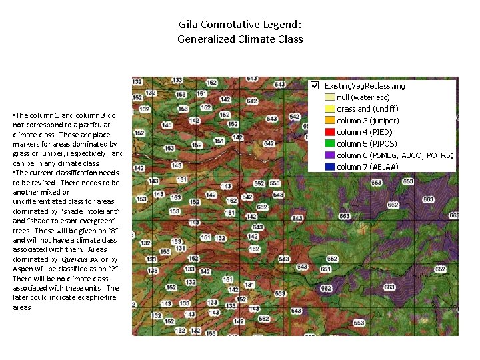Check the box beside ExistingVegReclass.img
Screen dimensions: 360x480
coord(315,85)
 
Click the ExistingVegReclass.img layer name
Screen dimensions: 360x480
coord(364,86)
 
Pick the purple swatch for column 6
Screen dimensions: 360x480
coord(329,155)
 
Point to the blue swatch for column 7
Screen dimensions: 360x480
coord(329,167)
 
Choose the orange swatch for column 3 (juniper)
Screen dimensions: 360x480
coord(329,121)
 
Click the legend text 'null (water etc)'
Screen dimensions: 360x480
coord(363,97)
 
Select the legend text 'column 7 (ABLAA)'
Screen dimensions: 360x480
coord(367,167)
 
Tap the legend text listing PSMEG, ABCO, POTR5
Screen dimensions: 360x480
coord(395,155)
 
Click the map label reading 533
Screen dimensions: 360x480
coord(280,293)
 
